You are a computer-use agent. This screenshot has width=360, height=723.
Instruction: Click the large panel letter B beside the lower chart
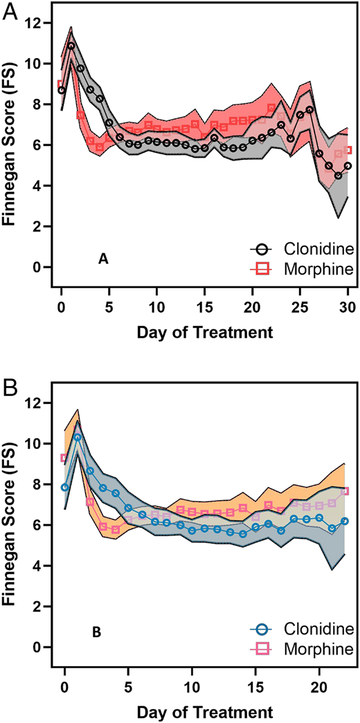point(10,383)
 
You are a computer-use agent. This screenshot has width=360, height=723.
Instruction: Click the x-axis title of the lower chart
point(204,711)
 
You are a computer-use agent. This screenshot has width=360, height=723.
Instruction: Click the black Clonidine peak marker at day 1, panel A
point(71,46)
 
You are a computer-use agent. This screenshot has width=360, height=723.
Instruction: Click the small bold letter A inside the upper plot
point(102,259)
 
